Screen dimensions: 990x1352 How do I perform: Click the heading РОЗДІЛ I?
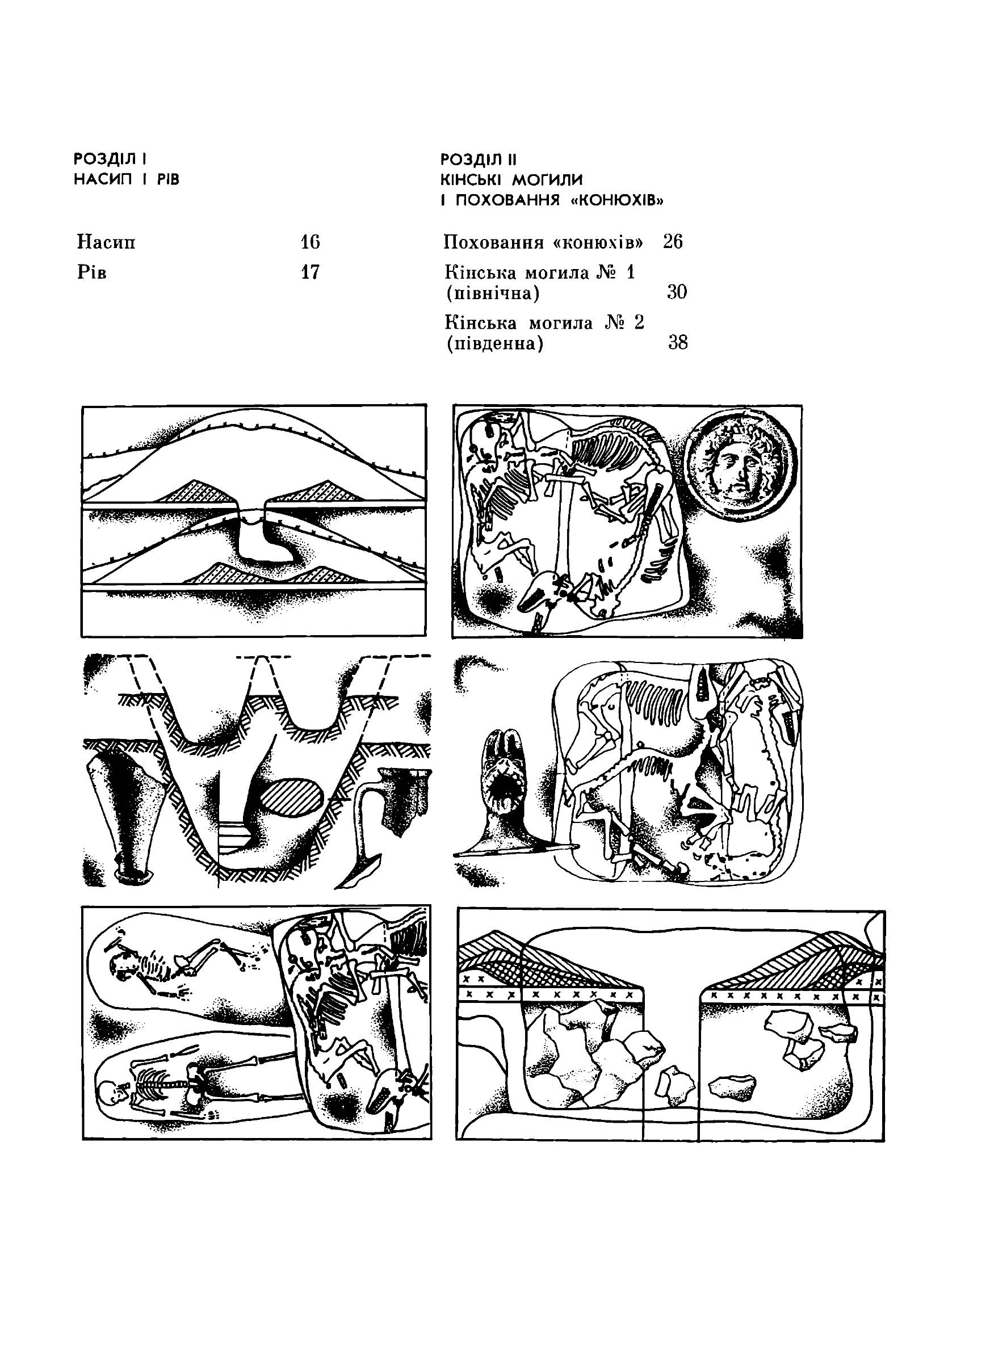111,159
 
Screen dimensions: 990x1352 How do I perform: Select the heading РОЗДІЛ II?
478,159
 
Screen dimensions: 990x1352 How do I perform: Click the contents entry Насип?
107,242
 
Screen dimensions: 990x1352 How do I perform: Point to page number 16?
311,242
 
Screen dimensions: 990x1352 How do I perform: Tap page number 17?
311,272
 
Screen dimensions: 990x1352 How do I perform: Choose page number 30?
677,292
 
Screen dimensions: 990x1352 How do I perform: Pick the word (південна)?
495,345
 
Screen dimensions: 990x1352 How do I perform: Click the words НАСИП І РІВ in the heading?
127,180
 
